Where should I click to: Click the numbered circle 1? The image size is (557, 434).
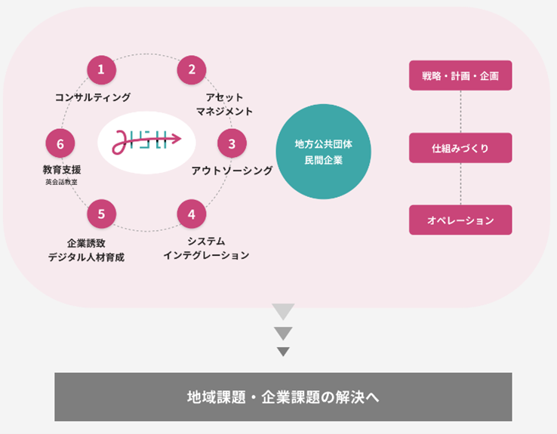[x=101, y=69]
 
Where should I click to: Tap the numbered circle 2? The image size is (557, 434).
[x=192, y=69]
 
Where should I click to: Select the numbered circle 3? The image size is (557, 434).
[x=232, y=142]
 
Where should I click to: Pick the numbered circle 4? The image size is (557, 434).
[x=192, y=214]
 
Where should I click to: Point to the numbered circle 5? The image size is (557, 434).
[x=101, y=214]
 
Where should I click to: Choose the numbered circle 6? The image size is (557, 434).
[x=60, y=142]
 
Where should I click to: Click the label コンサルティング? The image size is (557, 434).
[x=93, y=97]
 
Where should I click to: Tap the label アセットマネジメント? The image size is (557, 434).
[x=223, y=104]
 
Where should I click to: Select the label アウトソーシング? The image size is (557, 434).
[x=232, y=171]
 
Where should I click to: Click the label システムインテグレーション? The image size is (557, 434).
[x=206, y=248]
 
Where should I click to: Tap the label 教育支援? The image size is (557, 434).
[x=61, y=170]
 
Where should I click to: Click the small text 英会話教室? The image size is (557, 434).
[x=61, y=183]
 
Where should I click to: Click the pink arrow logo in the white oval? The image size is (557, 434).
[x=146, y=140]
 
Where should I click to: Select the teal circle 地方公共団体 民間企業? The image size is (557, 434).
[x=323, y=152]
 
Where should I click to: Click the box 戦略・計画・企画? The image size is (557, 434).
[x=460, y=75]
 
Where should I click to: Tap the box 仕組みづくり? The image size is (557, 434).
[x=460, y=148]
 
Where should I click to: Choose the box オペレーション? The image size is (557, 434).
[x=460, y=220]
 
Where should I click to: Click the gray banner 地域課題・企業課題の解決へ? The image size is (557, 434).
[x=283, y=396]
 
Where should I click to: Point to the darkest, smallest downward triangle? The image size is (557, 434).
[x=283, y=351]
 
